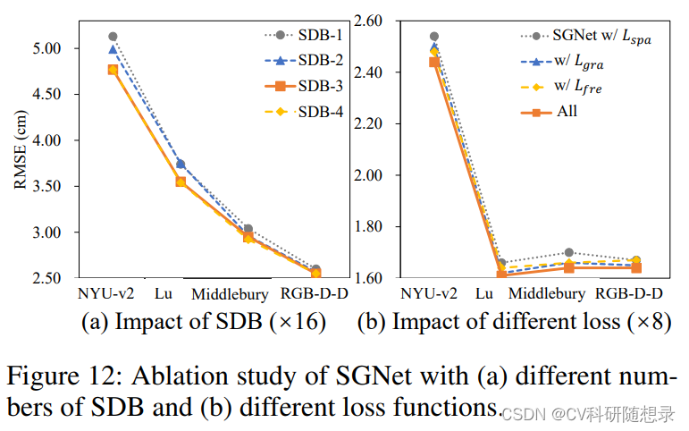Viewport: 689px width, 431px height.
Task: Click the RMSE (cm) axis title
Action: click(x=20, y=149)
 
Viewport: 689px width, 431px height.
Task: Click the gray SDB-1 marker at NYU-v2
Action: click(x=113, y=37)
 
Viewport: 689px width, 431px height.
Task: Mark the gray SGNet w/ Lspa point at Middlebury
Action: click(x=570, y=252)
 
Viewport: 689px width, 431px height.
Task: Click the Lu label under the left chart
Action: click(x=164, y=293)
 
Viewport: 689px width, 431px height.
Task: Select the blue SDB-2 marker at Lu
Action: click(x=181, y=164)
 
